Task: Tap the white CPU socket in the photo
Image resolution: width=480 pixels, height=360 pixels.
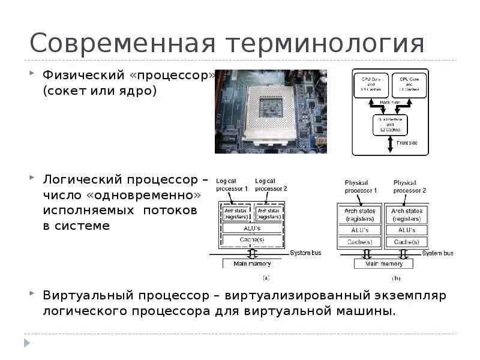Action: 271,110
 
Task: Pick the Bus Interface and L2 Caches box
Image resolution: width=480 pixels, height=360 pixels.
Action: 389,125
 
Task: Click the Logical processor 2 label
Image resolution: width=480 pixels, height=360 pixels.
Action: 271,184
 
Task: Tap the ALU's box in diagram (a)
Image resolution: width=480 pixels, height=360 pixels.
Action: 251,228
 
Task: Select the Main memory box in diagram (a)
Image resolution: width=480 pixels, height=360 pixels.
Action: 251,263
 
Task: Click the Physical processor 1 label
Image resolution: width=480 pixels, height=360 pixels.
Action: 361,186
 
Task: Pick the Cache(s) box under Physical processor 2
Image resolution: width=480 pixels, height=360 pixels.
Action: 406,242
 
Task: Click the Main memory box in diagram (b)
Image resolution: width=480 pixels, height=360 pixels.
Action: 384,263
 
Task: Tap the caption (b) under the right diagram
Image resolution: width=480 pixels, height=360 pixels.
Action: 397,278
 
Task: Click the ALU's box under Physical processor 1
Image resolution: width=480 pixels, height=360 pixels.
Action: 361,230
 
